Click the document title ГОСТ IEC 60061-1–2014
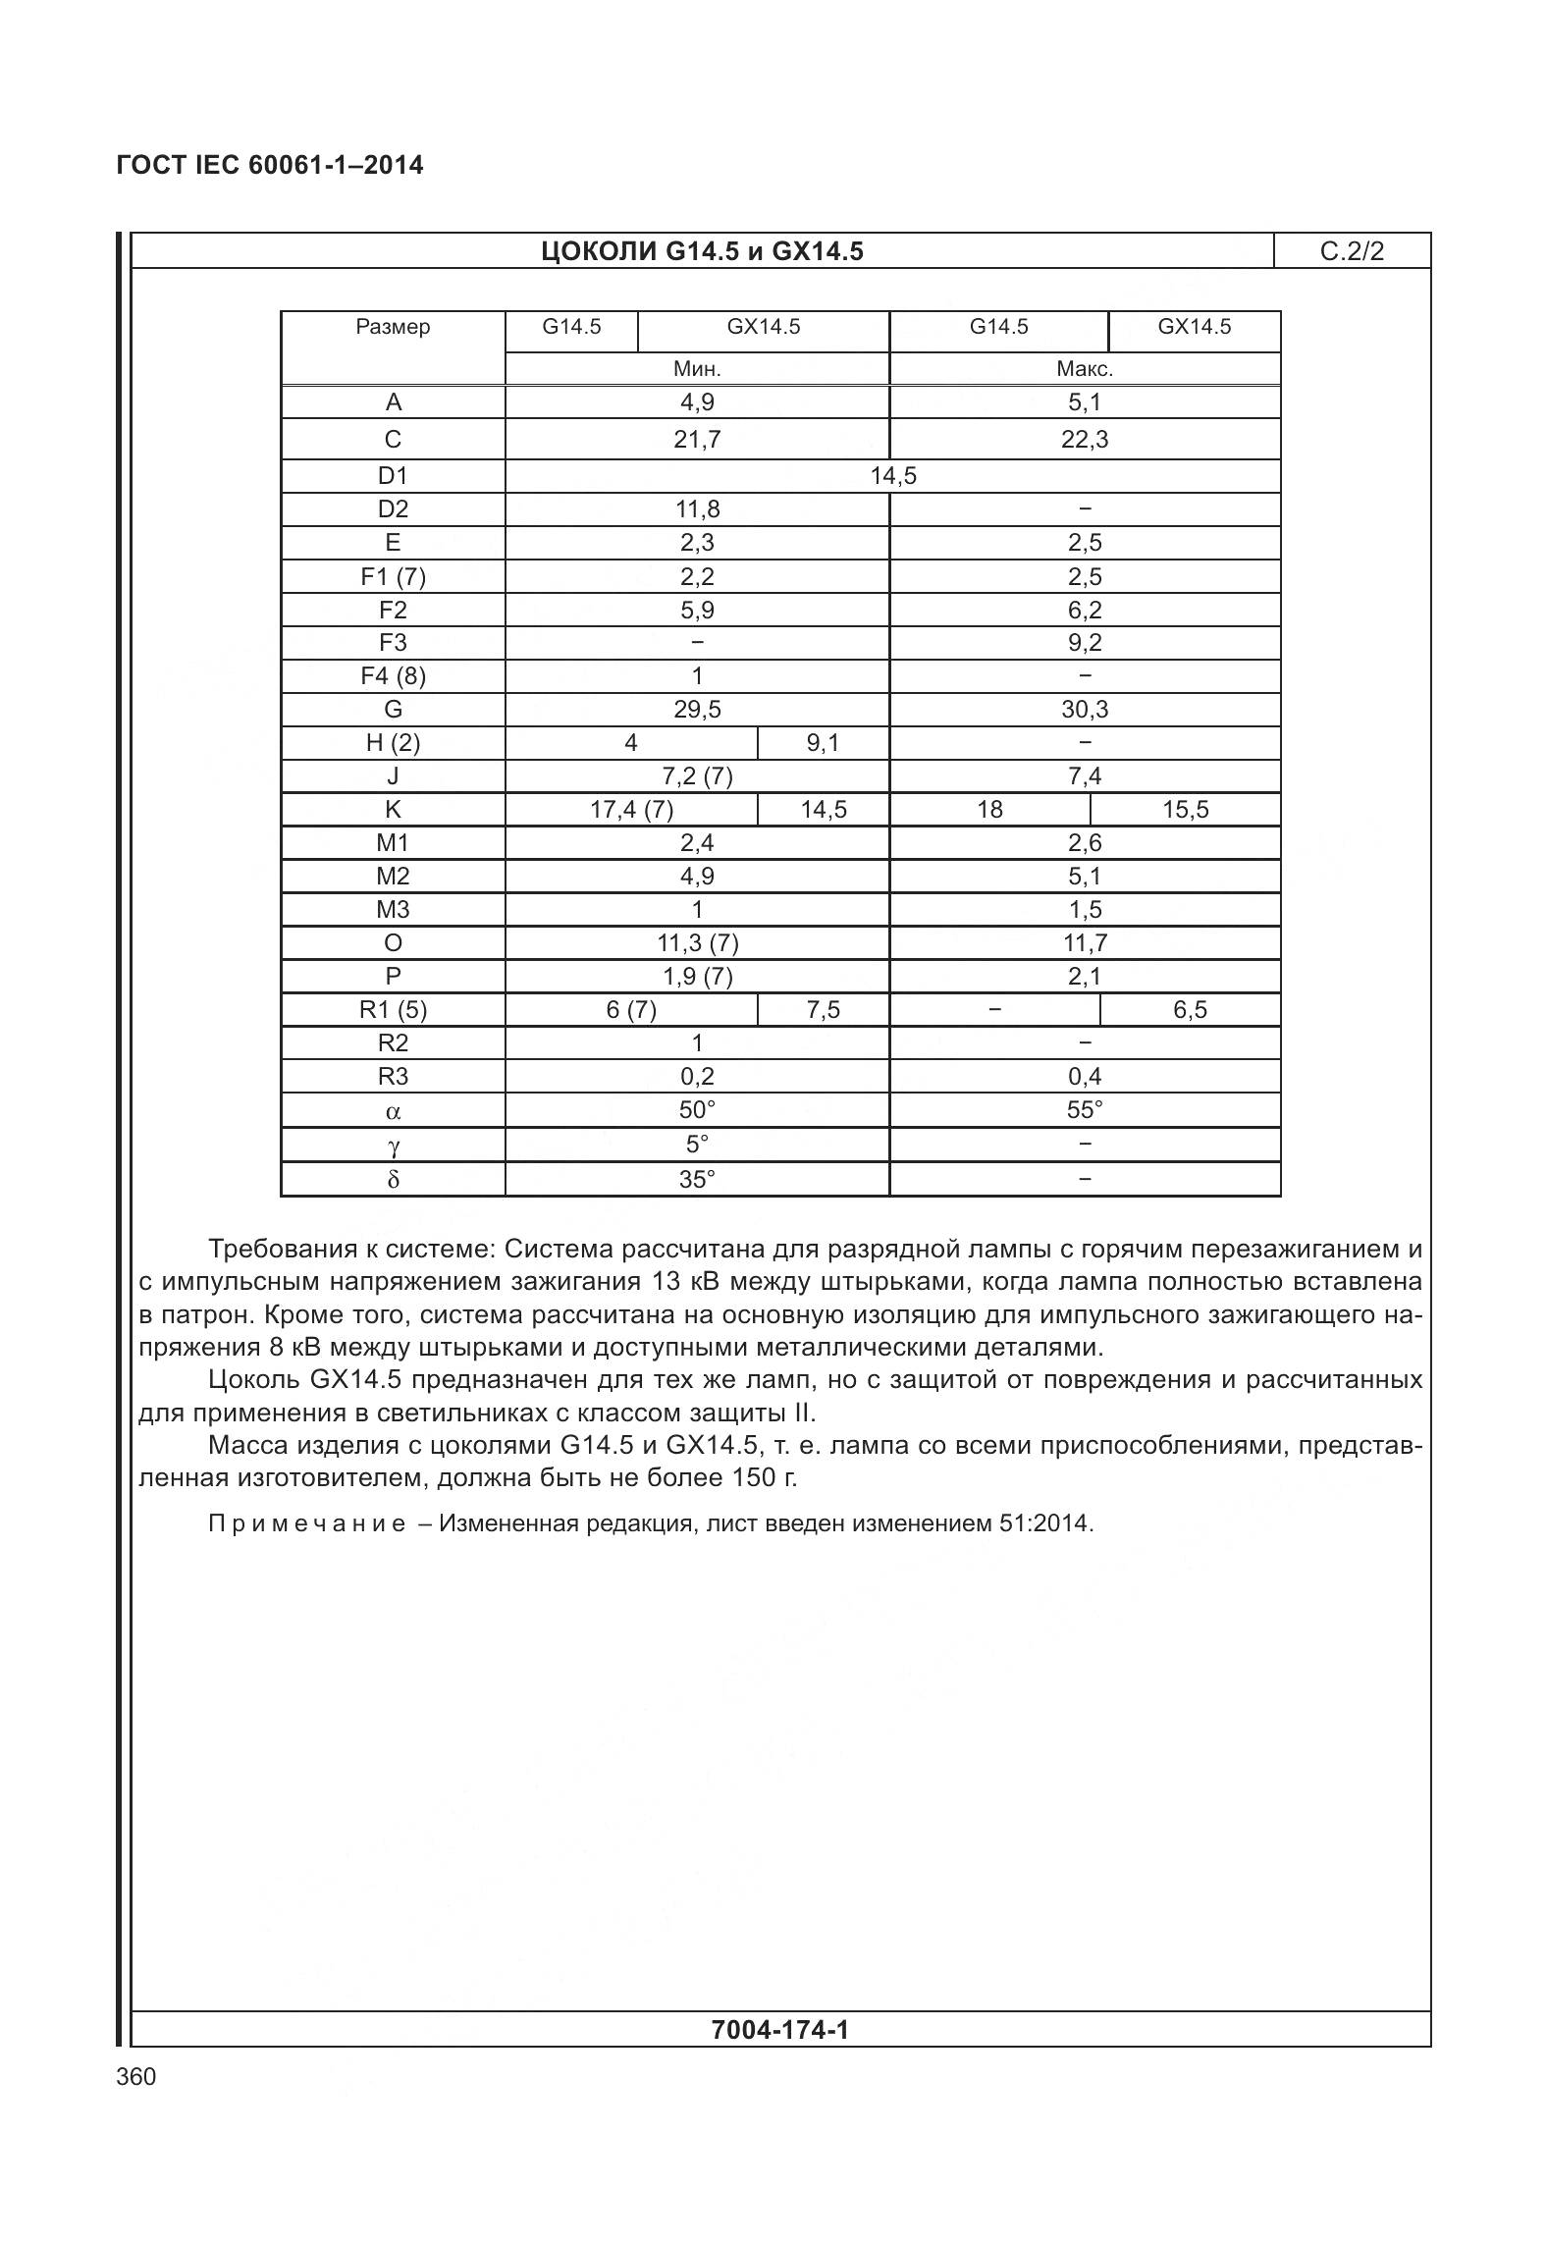(x=270, y=165)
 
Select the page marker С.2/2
(x=1352, y=251)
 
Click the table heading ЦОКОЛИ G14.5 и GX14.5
(x=702, y=252)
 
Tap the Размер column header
(x=393, y=327)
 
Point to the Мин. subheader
(x=697, y=369)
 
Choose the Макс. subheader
(x=1085, y=369)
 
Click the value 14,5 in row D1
(x=893, y=476)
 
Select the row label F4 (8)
(x=393, y=676)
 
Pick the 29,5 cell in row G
(x=697, y=710)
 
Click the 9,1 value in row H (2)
(x=823, y=743)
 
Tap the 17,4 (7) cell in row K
(x=631, y=810)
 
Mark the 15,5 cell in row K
(x=1186, y=810)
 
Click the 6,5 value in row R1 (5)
(x=1190, y=1010)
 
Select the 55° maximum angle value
(x=1085, y=1110)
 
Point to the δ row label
(x=393, y=1179)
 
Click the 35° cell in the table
(x=697, y=1179)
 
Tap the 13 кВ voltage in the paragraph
(x=679, y=1282)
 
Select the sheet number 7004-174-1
(x=779, y=2030)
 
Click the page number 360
(x=136, y=2077)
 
